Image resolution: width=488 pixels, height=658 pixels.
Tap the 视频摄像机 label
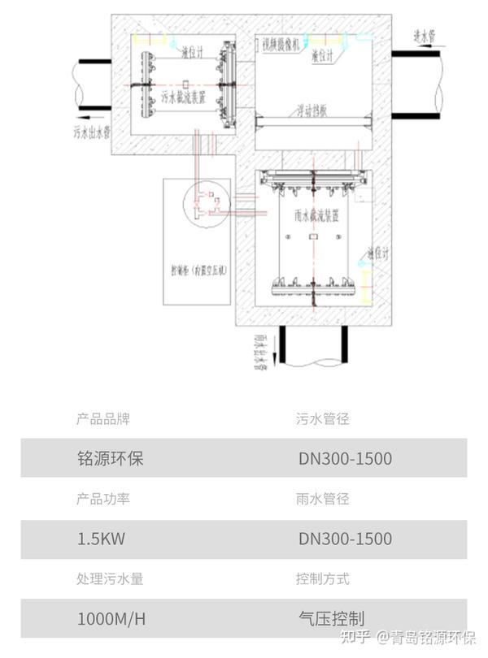pos(281,41)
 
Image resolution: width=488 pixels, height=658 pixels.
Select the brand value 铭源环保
pos(110,458)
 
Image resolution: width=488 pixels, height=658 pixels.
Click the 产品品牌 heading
pos(103,419)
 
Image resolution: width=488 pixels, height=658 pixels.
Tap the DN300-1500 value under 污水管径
pos(345,458)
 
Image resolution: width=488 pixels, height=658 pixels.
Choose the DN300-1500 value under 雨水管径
pos(345,539)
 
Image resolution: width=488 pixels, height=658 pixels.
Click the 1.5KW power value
pos(101,539)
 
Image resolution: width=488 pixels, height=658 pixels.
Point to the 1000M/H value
pos(111,619)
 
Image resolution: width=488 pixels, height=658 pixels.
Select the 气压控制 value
pos(331,619)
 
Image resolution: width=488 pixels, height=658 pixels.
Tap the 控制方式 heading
pos(323,579)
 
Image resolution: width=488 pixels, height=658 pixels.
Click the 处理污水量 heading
pos(110,579)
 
